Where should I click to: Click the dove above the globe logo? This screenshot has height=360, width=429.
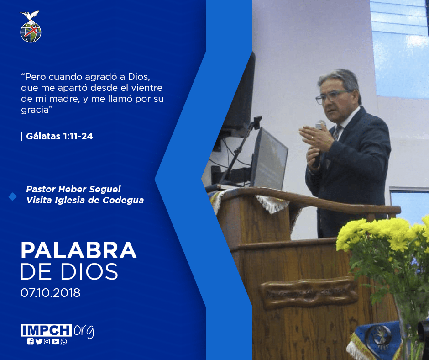(x=30, y=16)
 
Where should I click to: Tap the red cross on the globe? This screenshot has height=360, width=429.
(x=31, y=31)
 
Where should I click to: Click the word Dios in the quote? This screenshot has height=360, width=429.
(x=139, y=77)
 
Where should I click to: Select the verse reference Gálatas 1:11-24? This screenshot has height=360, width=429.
(x=59, y=136)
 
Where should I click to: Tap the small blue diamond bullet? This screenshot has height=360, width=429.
(x=13, y=197)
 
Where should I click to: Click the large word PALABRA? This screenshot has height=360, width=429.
(x=78, y=250)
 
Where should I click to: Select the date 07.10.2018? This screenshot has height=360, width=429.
(x=51, y=292)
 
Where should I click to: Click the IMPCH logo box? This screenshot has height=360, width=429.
(x=46, y=330)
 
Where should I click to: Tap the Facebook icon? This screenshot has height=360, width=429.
(x=30, y=342)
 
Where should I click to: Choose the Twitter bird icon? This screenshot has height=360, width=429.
(x=39, y=342)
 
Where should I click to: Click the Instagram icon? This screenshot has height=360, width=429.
(x=47, y=342)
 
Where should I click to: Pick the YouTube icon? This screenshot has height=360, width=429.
(x=55, y=342)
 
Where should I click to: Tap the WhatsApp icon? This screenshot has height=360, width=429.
(x=64, y=342)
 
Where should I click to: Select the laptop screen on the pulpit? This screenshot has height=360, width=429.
(x=269, y=159)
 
